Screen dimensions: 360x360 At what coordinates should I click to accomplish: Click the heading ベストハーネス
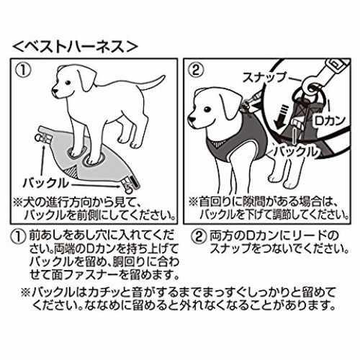click(x=75, y=46)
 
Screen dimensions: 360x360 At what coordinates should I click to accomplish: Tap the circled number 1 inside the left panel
click(x=23, y=71)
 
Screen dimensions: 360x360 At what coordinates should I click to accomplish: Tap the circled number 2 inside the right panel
click(x=197, y=71)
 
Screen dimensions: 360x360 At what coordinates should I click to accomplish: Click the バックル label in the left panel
click(x=45, y=184)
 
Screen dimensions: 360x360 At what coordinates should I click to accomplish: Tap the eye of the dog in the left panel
click(x=68, y=82)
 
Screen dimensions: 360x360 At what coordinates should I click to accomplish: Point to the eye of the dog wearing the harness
click(x=207, y=109)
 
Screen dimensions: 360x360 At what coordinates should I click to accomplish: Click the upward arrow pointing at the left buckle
click(x=42, y=161)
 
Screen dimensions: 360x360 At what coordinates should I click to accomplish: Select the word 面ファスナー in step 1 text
click(x=86, y=275)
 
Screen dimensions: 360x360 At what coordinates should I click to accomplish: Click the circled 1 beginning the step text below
click(x=19, y=237)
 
